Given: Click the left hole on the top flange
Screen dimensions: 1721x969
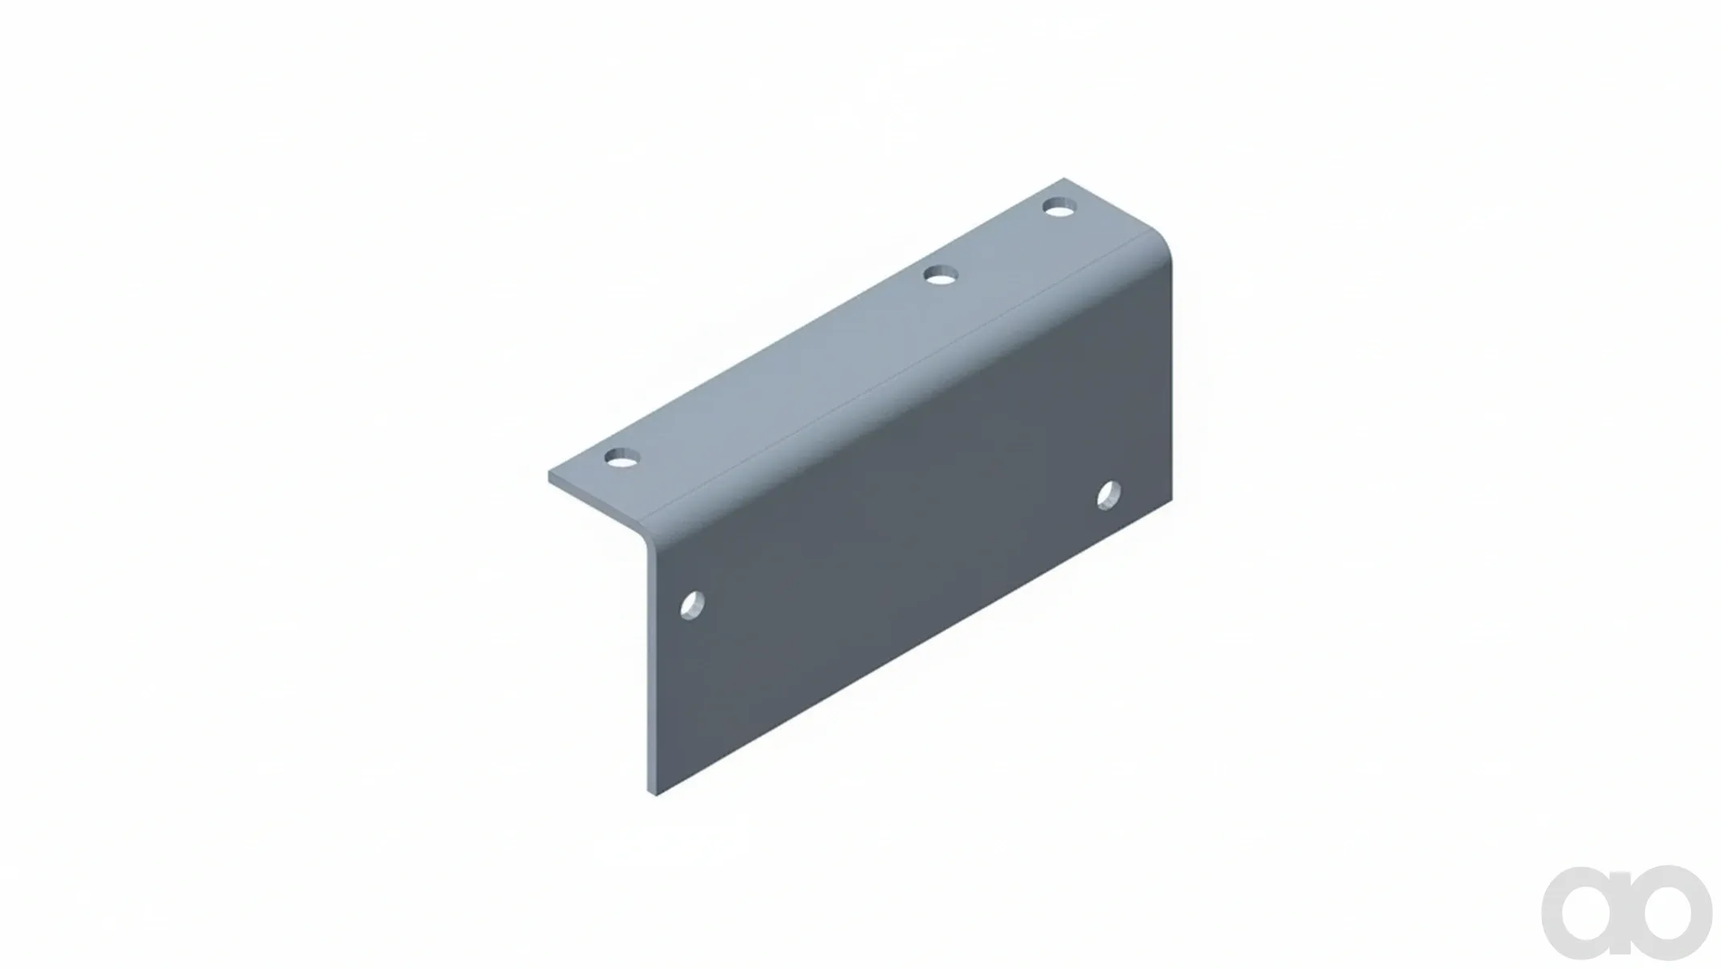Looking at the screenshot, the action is [x=622, y=459].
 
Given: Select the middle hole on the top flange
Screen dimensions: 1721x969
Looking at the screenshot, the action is [x=939, y=276].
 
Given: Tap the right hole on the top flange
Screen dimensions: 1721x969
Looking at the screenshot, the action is [x=1060, y=208].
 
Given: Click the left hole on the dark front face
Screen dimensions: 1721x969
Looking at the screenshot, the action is [x=693, y=606].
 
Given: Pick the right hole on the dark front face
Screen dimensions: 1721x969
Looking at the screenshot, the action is [x=1109, y=495].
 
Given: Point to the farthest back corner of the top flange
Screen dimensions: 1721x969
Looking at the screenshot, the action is [x=1064, y=178].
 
